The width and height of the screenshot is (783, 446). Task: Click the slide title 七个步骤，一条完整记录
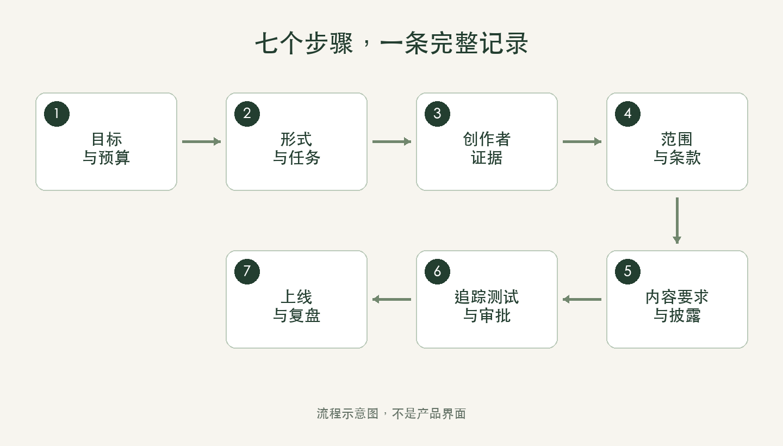click(391, 44)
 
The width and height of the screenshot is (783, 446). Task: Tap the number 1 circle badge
click(57, 114)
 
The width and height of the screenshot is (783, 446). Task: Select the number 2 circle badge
click(247, 114)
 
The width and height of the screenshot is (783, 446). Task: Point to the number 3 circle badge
click(437, 114)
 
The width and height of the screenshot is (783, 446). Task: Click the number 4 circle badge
click(628, 114)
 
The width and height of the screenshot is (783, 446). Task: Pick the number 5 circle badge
click(628, 271)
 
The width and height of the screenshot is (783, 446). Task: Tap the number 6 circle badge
click(437, 271)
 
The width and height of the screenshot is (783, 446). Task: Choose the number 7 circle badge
click(247, 271)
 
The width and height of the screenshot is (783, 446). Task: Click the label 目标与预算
click(106, 148)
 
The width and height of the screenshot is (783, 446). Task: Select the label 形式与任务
click(296, 148)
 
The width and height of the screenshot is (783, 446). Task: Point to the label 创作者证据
click(487, 148)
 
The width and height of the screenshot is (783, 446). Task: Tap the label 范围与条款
click(677, 148)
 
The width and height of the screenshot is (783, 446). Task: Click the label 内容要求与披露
click(677, 306)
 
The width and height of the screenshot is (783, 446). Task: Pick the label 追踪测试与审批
click(487, 306)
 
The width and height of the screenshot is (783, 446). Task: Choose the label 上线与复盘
click(296, 306)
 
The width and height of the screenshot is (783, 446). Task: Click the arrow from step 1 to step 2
click(201, 141)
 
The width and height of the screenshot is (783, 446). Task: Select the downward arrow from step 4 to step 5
click(677, 221)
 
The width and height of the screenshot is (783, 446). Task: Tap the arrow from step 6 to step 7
click(392, 299)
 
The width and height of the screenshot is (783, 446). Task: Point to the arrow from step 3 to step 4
click(582, 141)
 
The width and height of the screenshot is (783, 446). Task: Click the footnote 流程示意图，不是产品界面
click(391, 414)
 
